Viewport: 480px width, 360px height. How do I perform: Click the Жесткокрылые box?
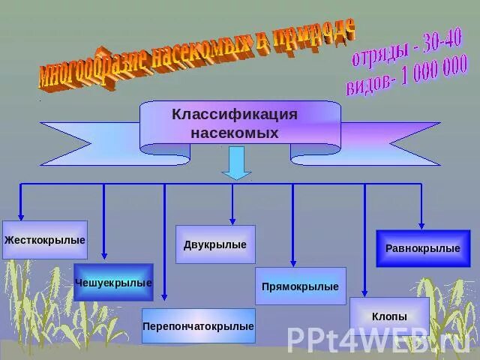point(45,240)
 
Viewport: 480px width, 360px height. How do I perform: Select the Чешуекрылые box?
point(113,283)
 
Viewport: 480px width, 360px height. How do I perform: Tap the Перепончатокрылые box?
point(199,326)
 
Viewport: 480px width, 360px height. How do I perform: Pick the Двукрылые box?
point(215,244)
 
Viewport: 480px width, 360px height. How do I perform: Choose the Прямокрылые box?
point(300,286)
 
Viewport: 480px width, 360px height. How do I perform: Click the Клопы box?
point(389,316)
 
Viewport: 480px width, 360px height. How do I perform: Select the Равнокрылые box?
point(422,248)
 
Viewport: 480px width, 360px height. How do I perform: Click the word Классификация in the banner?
point(235,115)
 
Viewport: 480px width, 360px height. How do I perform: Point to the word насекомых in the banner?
point(235,133)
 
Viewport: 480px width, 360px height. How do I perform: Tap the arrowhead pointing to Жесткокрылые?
point(21,215)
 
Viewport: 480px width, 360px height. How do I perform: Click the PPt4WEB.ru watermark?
point(379,339)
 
